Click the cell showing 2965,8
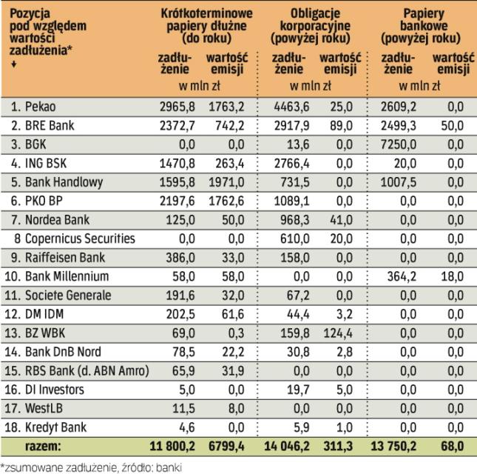177,107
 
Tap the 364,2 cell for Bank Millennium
399,276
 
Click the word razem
44,446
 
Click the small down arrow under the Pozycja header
13,64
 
